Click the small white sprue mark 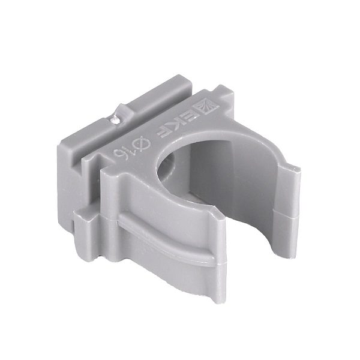114,119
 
